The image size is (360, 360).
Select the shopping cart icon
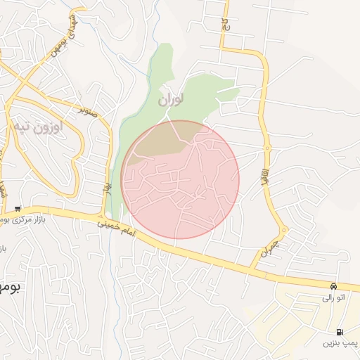point(17,209)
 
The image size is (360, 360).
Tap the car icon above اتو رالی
point(333,286)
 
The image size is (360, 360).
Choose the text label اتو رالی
point(333,297)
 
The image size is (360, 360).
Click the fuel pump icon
point(340,331)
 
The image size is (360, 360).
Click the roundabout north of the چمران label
point(283,230)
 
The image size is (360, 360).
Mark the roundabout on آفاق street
point(267,148)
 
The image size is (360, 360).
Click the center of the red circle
point(180,179)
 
